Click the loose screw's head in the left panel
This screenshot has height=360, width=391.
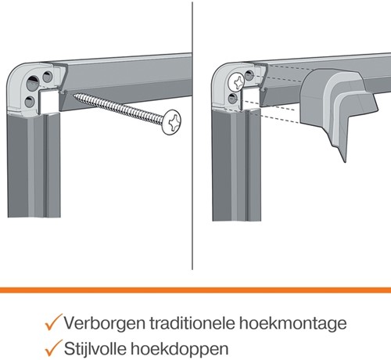(171, 122)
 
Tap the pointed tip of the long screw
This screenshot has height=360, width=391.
(74, 95)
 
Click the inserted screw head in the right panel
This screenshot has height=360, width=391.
(237, 82)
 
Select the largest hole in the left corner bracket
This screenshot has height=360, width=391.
(34, 83)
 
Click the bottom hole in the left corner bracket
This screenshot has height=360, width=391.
(30, 102)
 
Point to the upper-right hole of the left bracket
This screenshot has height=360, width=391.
(48, 77)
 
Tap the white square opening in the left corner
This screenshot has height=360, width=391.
(48, 102)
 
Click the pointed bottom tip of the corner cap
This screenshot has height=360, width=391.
(345, 161)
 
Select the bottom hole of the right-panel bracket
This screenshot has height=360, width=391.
(232, 99)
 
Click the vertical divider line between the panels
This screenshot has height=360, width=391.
(192, 135)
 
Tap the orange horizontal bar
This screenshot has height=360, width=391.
(195, 290)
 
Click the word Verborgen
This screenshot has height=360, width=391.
(105, 323)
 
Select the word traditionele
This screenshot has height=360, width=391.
(192, 323)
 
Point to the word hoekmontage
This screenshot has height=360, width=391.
(293, 324)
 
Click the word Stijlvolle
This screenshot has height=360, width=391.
(95, 348)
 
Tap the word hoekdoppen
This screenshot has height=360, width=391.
(180, 349)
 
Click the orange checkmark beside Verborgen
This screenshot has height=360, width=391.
(53, 322)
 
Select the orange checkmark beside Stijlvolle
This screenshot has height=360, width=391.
(53, 347)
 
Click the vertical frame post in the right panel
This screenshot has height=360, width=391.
(237, 164)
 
